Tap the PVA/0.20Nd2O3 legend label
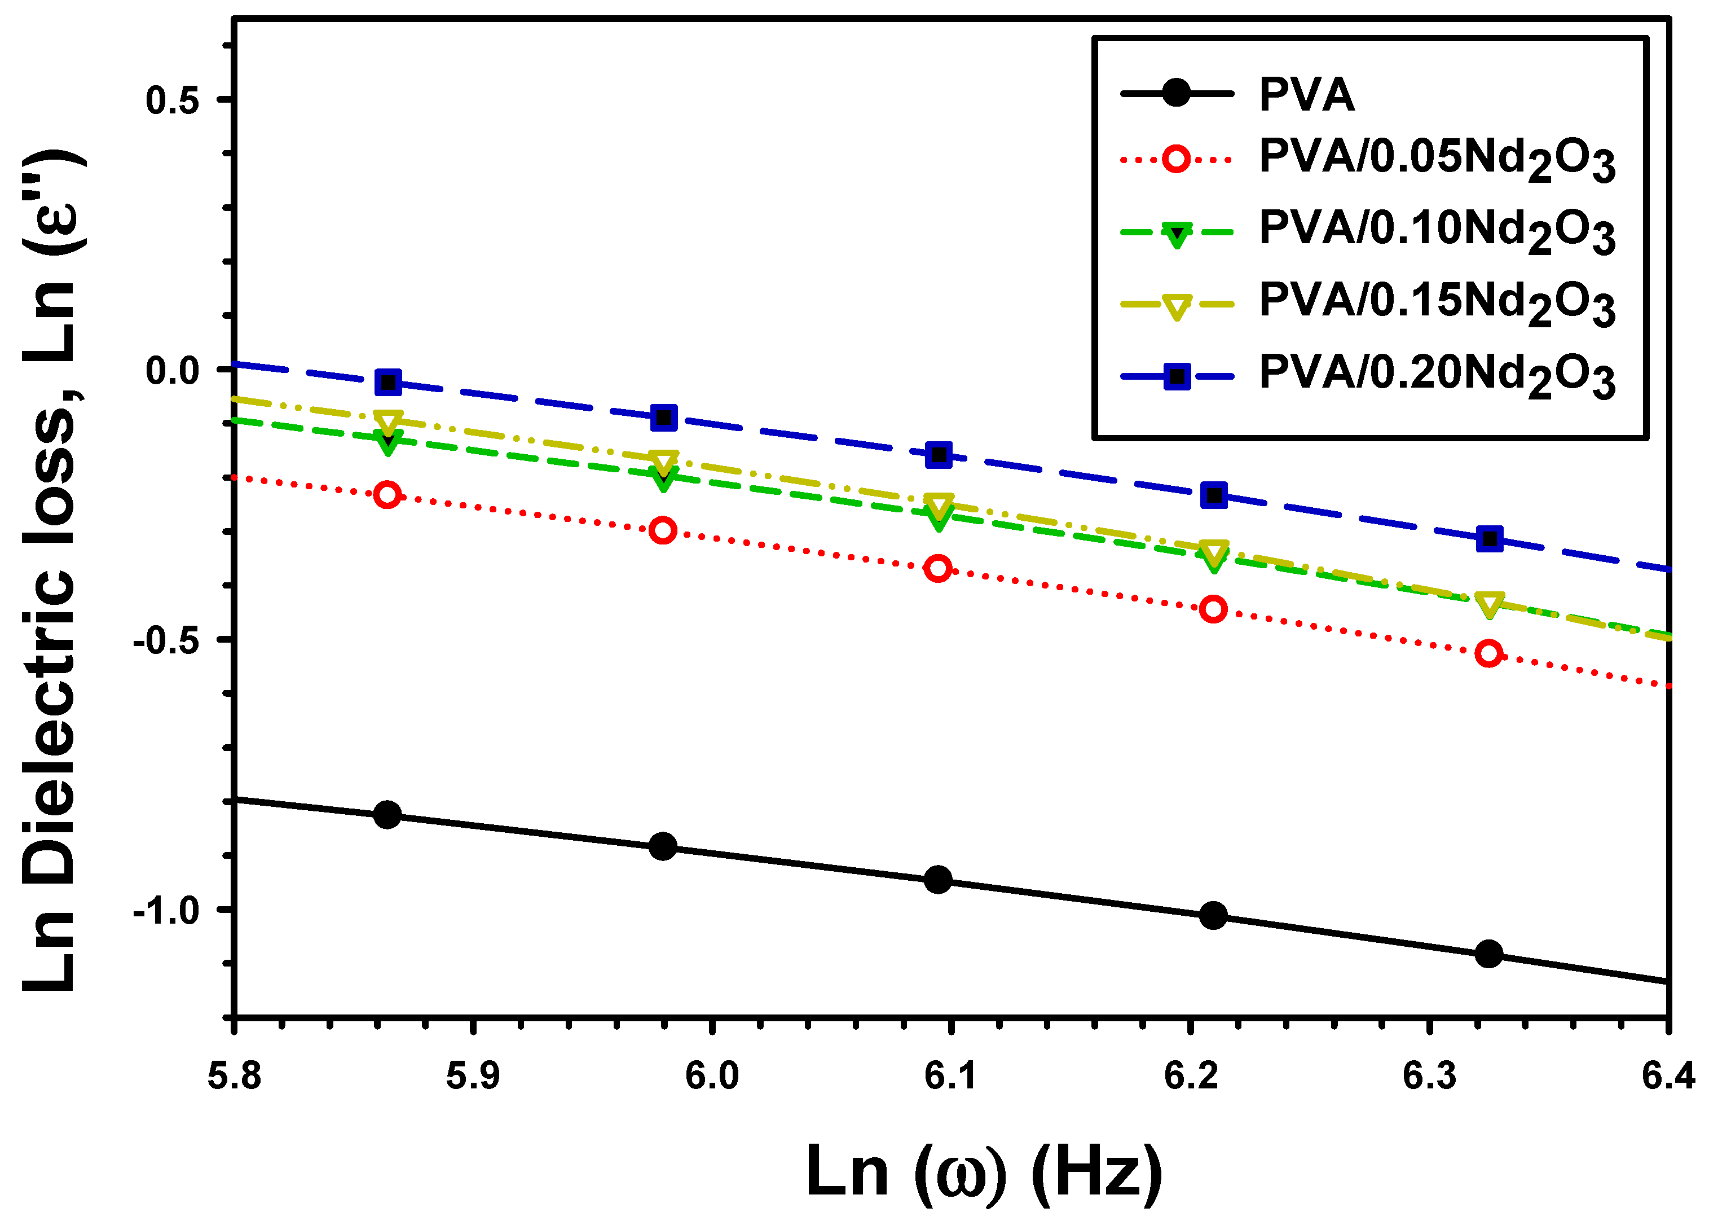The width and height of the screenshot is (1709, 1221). [x=1436, y=376]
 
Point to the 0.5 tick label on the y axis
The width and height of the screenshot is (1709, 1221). [x=173, y=100]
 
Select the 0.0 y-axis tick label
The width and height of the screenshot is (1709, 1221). [x=173, y=371]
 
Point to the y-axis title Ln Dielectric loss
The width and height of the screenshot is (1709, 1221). [x=50, y=572]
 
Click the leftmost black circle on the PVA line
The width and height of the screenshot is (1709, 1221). [x=387, y=814]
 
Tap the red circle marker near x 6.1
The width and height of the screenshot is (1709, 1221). [x=938, y=568]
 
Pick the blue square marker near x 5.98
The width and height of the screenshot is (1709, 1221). [x=663, y=418]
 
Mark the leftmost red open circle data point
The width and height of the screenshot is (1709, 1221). [x=387, y=495]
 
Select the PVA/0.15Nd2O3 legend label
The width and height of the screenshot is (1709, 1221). [x=1436, y=304]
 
